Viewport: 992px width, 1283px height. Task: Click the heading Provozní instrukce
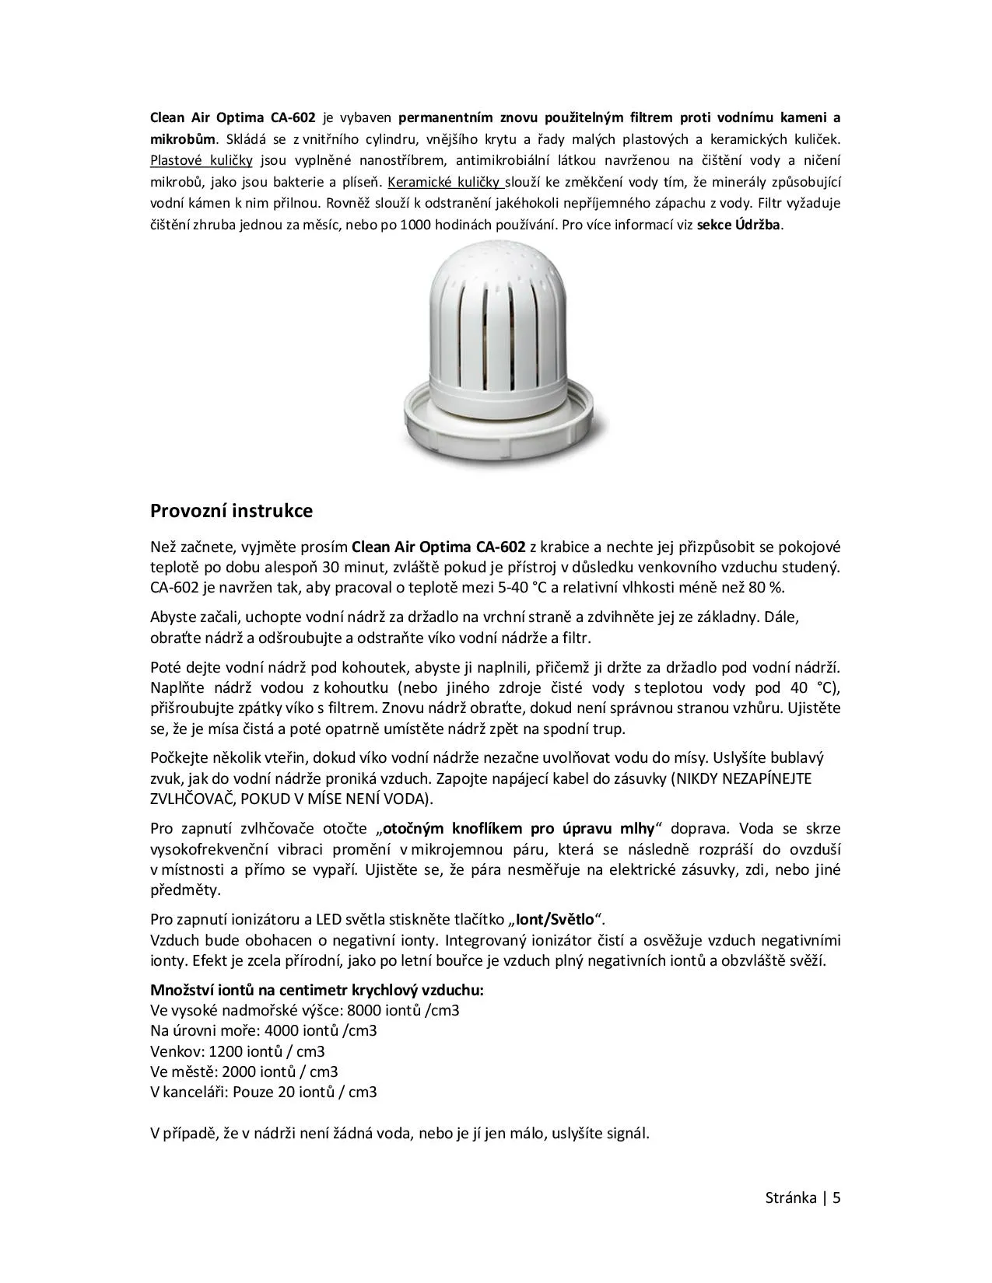point(231,512)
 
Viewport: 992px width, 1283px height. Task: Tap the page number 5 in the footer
point(837,1197)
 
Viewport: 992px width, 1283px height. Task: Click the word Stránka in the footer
point(790,1197)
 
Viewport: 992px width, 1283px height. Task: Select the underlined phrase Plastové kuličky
point(201,161)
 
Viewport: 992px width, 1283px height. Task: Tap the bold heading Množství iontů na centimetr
point(317,991)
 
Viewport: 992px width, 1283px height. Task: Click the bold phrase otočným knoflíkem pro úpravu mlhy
point(518,828)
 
